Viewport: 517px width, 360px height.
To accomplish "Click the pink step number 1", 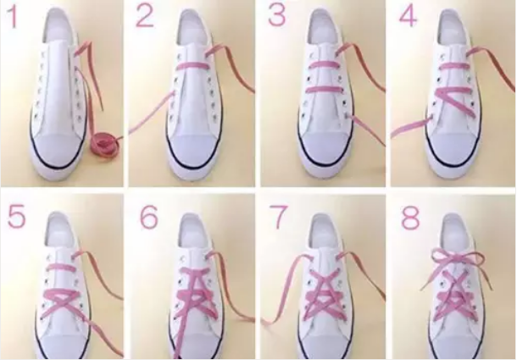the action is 14,17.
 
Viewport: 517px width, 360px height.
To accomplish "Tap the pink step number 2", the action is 144,17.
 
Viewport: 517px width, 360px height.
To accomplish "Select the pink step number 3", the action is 276,16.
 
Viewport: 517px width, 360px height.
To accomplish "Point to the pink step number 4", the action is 409,16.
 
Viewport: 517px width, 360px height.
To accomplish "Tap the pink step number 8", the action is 411,218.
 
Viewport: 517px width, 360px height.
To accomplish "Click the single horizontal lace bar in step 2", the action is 191,65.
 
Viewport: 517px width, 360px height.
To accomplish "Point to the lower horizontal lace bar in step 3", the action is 323,90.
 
